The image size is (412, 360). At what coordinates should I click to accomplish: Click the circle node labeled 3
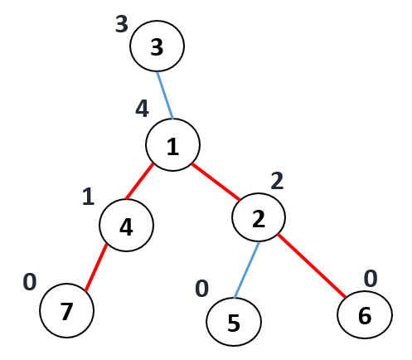click(157, 46)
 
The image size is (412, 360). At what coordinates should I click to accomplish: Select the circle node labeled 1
click(172, 144)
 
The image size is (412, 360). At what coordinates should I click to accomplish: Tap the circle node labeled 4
click(126, 225)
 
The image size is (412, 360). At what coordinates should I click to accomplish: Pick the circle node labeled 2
click(259, 217)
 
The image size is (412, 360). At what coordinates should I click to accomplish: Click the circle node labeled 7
click(67, 310)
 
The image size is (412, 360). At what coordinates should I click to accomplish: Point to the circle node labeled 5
click(234, 322)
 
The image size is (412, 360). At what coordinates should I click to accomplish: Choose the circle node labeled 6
click(365, 314)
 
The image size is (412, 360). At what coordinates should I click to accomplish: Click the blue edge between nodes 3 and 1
click(165, 95)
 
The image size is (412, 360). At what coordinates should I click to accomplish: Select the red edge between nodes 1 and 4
click(139, 182)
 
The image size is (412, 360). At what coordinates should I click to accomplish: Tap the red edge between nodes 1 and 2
click(216, 182)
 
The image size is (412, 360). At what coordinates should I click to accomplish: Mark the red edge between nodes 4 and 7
click(96, 268)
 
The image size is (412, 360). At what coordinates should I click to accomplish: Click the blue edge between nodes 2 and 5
click(247, 270)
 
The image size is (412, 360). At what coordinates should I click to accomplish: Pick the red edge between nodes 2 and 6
click(312, 265)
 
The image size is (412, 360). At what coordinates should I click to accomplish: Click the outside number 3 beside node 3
click(122, 24)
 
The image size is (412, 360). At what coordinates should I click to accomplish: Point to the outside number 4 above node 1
click(142, 109)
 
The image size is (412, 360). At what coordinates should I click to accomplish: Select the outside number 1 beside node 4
click(89, 197)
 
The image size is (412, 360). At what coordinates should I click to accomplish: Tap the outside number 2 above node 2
click(277, 181)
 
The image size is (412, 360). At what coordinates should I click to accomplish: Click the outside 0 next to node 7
click(30, 282)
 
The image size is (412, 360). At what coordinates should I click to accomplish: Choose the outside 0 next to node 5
click(201, 289)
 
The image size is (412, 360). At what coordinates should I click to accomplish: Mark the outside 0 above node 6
click(371, 279)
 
